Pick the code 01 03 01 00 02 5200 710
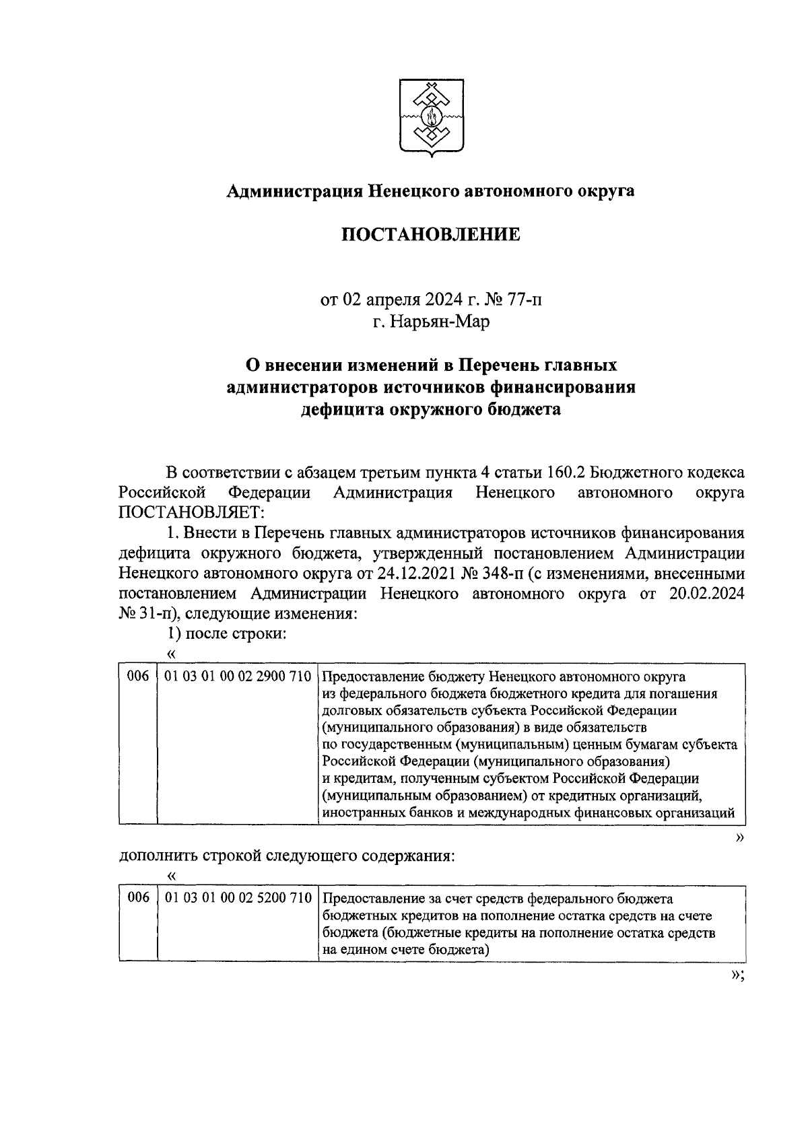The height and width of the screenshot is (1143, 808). point(236,899)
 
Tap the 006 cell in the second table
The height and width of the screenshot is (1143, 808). point(137,899)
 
